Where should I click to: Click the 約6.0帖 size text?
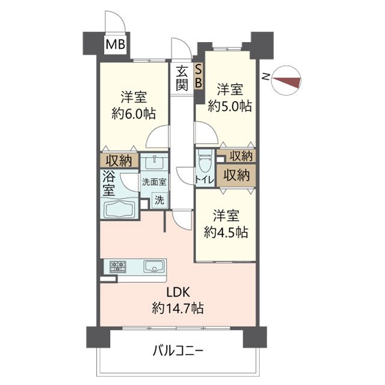pyautogui.click(x=134, y=114)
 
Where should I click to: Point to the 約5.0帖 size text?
pyautogui.click(x=230, y=106)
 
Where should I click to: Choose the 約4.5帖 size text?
pyautogui.click(x=226, y=232)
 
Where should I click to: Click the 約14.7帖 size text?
pyautogui.click(x=177, y=309)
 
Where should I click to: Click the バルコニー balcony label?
pyautogui.click(x=177, y=350)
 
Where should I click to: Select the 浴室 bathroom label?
pyautogui.click(x=108, y=183)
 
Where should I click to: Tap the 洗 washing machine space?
pyautogui.click(x=159, y=200)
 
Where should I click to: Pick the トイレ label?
pyautogui.click(x=204, y=180)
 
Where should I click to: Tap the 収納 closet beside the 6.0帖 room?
pyautogui.click(x=119, y=161)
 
